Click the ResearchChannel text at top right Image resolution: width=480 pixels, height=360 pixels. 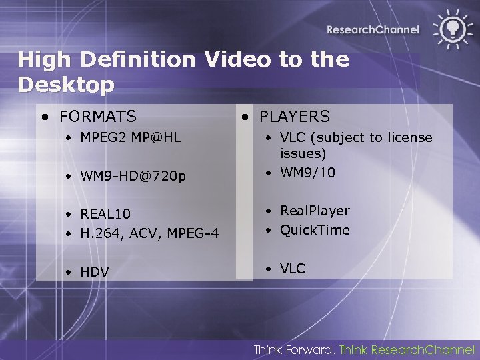click(373, 29)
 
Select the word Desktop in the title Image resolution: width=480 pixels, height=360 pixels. click(66, 85)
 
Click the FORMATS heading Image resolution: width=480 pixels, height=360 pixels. click(97, 117)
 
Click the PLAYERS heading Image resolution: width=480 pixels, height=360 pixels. click(294, 117)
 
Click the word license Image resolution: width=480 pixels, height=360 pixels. click(408, 138)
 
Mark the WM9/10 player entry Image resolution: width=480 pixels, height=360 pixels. click(307, 173)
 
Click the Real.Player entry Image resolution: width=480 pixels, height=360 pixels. click(315, 211)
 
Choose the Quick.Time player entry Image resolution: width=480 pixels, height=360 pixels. click(315, 230)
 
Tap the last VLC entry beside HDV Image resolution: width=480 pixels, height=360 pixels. click(292, 269)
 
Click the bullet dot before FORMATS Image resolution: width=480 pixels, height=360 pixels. click(44, 117)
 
